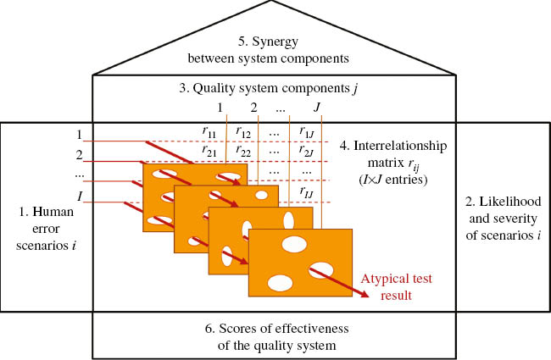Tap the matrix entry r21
pyautogui.click(x=209, y=150)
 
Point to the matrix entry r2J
pyautogui.click(x=307, y=150)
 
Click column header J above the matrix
pyautogui.click(x=316, y=108)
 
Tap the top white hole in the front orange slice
pyautogui.click(x=294, y=245)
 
